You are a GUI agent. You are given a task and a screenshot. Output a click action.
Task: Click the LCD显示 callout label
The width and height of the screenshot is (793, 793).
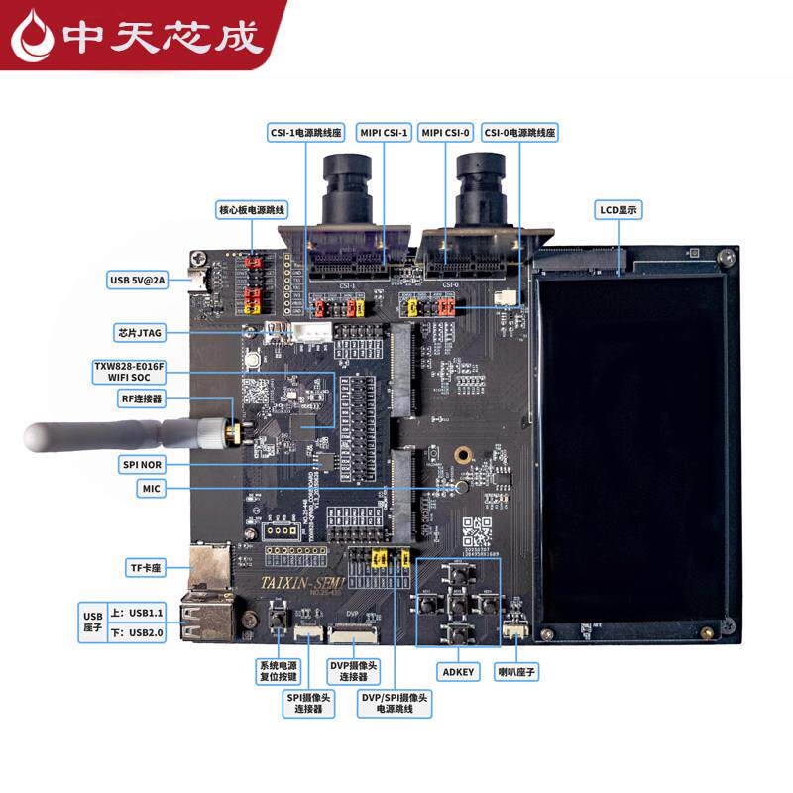pyautogui.click(x=620, y=209)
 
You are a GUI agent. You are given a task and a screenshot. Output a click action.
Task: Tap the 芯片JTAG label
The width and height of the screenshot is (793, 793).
pyautogui.click(x=139, y=331)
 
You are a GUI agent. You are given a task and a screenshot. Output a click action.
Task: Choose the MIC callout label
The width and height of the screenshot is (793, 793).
pyautogui.click(x=150, y=489)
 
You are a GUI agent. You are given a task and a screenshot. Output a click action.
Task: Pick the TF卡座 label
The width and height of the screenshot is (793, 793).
pyautogui.click(x=145, y=568)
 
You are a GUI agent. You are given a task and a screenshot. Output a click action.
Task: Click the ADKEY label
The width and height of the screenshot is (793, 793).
pyautogui.click(x=457, y=672)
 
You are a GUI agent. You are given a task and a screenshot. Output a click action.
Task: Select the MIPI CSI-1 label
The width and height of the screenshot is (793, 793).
pyautogui.click(x=384, y=132)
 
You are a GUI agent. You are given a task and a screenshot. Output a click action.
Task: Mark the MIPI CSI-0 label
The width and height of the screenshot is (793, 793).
pyautogui.click(x=445, y=132)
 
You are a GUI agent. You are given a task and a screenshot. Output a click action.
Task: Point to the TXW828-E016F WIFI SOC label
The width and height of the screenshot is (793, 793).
pyautogui.click(x=129, y=373)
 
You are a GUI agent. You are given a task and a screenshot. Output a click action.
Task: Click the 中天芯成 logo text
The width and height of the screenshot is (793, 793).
pyautogui.click(x=163, y=37)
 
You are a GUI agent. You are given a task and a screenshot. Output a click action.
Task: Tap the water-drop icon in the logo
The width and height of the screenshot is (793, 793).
pyautogui.click(x=34, y=37)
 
